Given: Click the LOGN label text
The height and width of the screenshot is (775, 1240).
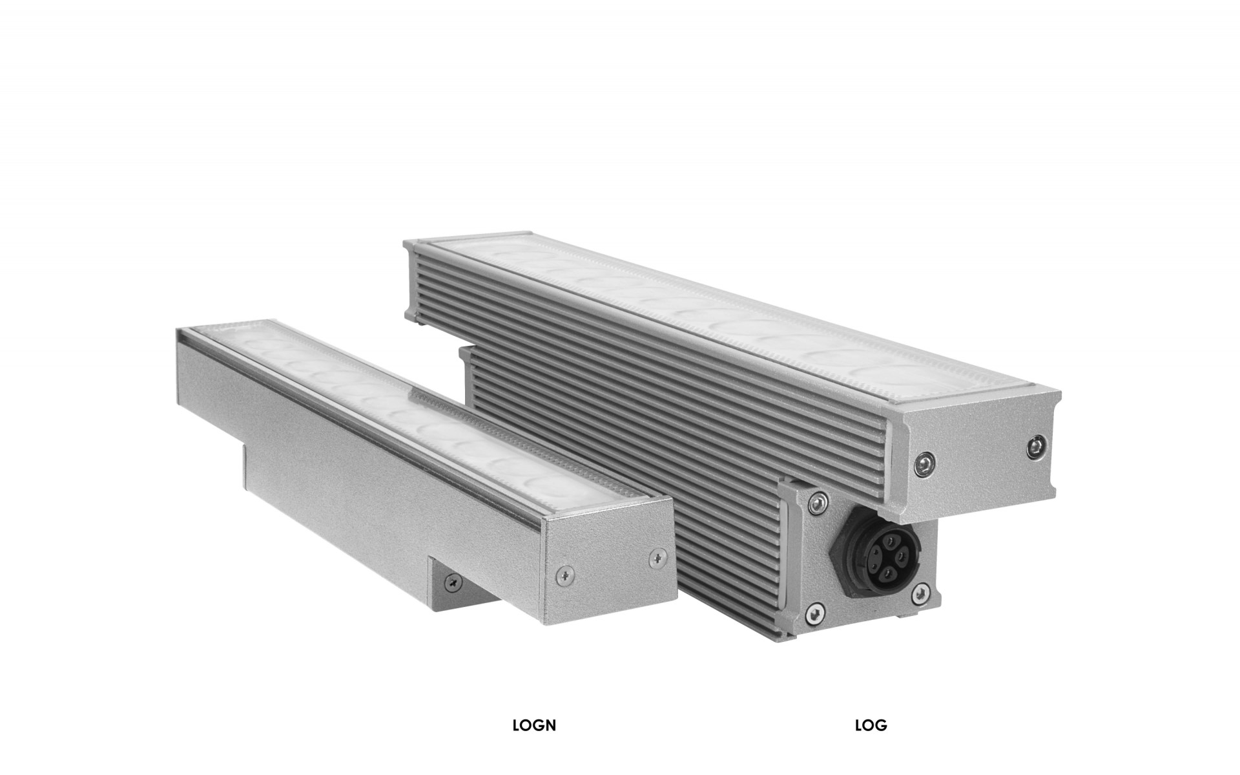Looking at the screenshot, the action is pyautogui.click(x=534, y=725).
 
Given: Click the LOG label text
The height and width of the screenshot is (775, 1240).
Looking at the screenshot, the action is pyautogui.click(x=871, y=725).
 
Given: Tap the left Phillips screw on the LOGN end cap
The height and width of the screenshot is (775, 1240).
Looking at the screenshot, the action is pyautogui.click(x=566, y=572).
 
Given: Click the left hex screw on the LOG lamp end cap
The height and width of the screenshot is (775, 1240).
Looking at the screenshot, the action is pyautogui.click(x=925, y=461).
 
